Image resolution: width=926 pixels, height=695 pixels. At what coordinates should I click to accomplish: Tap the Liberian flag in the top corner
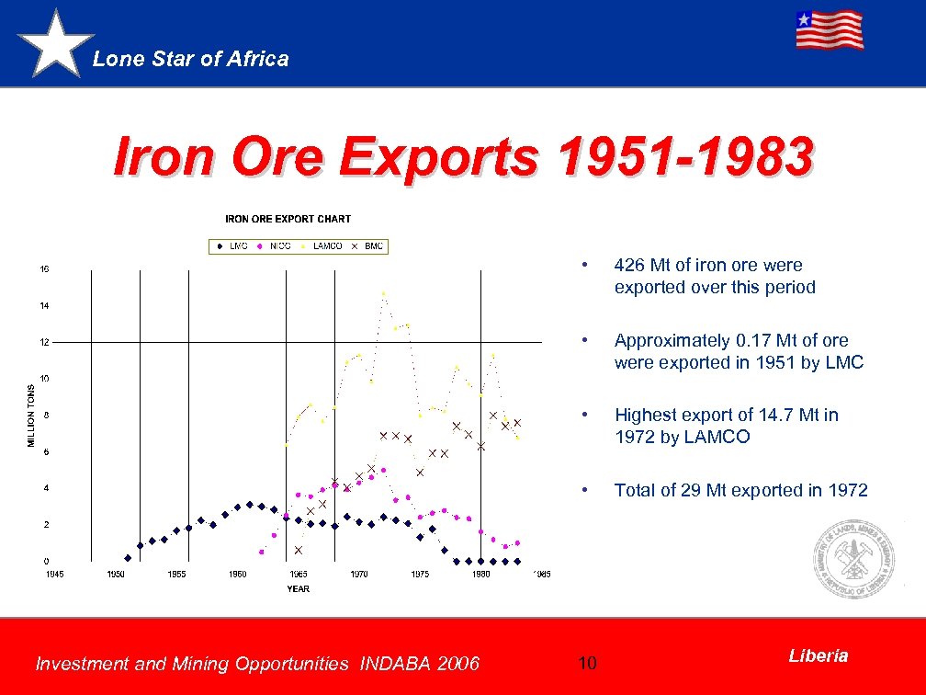coord(829,30)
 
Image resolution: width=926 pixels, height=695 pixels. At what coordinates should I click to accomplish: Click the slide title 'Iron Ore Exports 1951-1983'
coord(462,156)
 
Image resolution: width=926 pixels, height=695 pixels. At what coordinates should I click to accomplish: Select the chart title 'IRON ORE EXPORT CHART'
coord(288,219)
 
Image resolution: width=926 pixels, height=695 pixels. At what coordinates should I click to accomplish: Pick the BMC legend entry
coord(367,245)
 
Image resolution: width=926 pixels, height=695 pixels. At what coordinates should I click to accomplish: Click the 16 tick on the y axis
coord(44,269)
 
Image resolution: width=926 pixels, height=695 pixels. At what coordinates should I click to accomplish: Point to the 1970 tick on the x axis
coord(359,575)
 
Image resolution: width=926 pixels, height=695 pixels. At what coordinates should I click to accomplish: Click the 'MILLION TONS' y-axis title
coord(31,416)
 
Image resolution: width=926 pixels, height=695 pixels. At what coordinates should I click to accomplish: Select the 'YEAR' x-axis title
coord(298,588)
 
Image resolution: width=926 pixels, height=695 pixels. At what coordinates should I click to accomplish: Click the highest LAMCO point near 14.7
coord(384,294)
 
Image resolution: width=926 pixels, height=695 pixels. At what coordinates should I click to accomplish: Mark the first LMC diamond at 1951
coord(128,558)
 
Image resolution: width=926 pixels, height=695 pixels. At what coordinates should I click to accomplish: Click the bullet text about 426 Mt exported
coord(715,276)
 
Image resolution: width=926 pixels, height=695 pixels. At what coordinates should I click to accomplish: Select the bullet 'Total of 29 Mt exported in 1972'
coord(740,490)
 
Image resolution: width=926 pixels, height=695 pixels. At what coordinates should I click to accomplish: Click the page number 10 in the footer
coord(588,663)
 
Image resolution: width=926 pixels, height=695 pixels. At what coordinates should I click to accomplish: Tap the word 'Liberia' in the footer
coord(818,655)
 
